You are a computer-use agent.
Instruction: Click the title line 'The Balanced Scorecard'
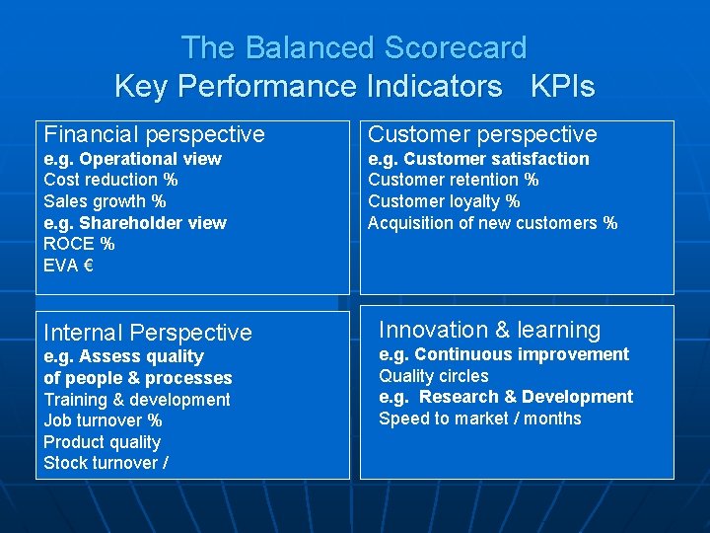[354, 47]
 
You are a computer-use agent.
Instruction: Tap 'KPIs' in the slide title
[562, 87]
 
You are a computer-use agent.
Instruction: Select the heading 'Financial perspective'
[155, 134]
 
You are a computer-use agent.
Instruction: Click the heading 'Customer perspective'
[482, 134]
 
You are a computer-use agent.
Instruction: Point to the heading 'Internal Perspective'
[148, 333]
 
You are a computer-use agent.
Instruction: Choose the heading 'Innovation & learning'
[489, 330]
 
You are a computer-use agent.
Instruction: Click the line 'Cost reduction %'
[110, 180]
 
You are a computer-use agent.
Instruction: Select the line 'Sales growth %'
[105, 201]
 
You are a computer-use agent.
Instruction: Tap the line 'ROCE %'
[79, 244]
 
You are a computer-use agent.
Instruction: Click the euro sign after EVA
[88, 265]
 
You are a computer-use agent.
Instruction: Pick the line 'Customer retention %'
[453, 180]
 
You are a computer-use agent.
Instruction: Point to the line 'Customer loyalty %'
[444, 201]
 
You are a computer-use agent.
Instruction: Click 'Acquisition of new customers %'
[492, 223]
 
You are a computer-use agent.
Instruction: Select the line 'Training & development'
[137, 400]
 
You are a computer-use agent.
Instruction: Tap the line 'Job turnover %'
[103, 420]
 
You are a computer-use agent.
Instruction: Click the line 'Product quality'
[102, 442]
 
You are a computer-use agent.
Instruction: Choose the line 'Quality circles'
[434, 376]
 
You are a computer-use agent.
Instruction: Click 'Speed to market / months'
[480, 419]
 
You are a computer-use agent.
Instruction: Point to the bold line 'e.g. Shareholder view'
[135, 223]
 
